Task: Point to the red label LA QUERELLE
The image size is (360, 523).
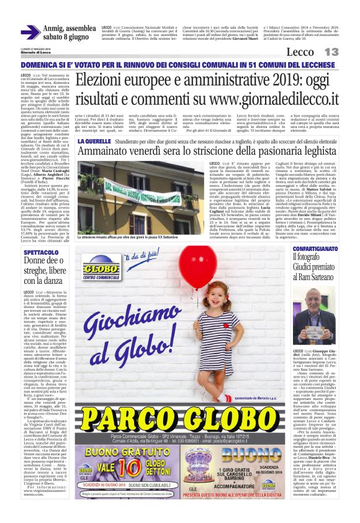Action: (93, 142)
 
